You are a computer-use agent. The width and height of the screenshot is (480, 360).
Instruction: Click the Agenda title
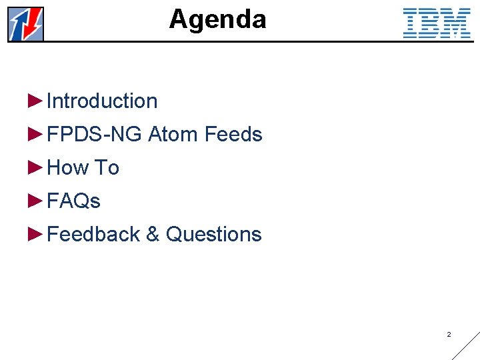click(217, 19)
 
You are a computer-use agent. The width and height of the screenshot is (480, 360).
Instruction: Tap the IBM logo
click(437, 23)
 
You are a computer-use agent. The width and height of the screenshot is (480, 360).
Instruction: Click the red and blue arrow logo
click(26, 24)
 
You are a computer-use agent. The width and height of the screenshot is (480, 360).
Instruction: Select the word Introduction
click(102, 101)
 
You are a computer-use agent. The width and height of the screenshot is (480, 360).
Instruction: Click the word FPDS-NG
click(95, 135)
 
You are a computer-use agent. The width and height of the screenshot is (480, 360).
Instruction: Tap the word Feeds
click(233, 135)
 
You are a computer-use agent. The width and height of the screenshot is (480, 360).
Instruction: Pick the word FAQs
click(73, 201)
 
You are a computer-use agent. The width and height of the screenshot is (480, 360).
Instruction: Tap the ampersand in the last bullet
click(153, 235)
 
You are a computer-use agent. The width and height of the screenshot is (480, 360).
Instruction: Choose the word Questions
click(213, 235)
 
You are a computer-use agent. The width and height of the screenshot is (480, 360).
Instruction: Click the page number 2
click(449, 334)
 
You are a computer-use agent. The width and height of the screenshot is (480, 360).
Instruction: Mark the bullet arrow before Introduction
click(35, 101)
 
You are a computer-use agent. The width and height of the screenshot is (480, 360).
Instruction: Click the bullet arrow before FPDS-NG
click(35, 134)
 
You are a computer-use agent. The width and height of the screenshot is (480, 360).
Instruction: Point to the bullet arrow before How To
click(35, 167)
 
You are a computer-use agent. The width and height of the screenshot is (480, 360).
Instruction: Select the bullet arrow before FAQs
click(35, 201)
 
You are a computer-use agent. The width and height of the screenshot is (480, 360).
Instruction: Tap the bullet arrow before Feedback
click(35, 234)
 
